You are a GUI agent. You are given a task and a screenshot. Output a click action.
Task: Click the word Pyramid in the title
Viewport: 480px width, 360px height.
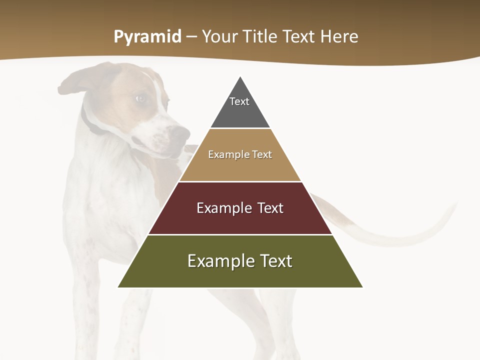tap(147, 37)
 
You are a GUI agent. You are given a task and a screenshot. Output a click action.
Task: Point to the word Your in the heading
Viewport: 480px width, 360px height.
tap(220, 36)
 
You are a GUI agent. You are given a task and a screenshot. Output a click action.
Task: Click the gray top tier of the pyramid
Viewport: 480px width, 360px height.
tap(240, 112)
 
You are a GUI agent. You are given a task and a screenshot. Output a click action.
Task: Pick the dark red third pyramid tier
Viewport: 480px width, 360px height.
tap(240, 220)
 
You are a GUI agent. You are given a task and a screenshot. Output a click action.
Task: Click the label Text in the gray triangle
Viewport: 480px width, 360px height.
tap(239, 101)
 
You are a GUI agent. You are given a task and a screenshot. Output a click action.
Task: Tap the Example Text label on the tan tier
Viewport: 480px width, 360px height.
tap(240, 154)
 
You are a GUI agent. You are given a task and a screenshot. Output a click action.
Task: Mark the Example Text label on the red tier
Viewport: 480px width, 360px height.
tap(240, 208)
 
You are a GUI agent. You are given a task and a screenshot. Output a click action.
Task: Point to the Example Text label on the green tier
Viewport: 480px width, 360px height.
tap(240, 261)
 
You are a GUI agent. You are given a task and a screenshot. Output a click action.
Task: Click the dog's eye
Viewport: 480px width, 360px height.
tap(141, 98)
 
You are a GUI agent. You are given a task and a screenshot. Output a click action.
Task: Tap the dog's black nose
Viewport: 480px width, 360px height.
tap(180, 133)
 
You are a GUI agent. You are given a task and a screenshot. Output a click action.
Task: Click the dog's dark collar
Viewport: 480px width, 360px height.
tap(90, 122)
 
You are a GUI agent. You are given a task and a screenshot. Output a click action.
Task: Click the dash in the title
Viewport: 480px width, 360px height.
tap(191, 37)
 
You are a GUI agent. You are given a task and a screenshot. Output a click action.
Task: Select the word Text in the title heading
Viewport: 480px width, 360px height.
tap(299, 36)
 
